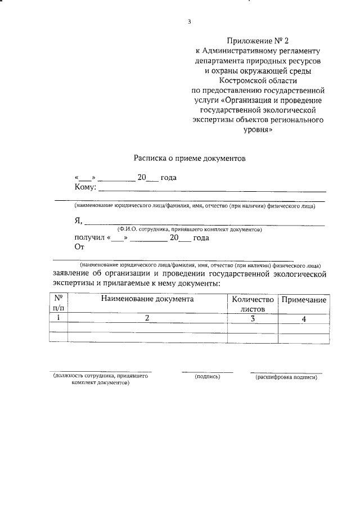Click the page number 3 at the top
[190, 22]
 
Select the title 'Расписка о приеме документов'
[190, 159]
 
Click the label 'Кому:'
[85, 187]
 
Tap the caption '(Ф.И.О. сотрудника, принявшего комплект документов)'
[190, 229]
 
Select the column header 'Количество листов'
[252, 304]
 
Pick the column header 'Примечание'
[304, 300]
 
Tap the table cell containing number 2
[147, 318]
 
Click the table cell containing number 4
[304, 319]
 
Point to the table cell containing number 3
[252, 319]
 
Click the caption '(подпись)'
[206, 377]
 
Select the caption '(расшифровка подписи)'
[286, 377]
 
